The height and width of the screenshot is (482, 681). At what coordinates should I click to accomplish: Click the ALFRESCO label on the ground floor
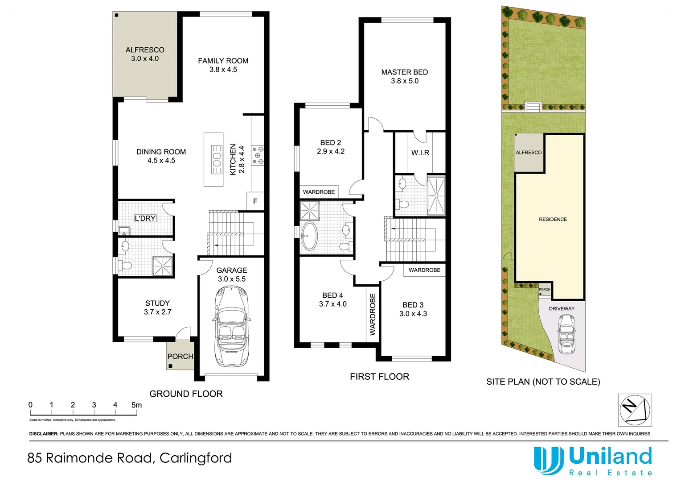point(145,50)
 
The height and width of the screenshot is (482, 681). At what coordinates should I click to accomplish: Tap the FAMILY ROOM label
point(223,61)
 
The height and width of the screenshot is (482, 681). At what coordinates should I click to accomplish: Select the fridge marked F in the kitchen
point(255,201)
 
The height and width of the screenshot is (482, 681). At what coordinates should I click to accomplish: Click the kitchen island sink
point(217,159)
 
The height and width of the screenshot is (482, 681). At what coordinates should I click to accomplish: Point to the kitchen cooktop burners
point(258,155)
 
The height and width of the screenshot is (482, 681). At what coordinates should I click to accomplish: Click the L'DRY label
point(145,218)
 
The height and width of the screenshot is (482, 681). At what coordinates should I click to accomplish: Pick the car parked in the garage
point(232,326)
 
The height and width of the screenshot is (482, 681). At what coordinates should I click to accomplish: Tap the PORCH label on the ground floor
point(180,356)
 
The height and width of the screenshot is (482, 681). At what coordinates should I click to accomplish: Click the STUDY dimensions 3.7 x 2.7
point(157,312)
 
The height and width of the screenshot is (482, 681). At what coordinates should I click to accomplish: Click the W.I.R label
point(420,153)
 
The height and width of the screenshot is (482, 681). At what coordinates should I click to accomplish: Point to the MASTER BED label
point(404,72)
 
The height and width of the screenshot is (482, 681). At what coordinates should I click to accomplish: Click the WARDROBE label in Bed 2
point(319,192)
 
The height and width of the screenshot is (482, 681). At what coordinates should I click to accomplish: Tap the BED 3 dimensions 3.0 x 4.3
point(413,314)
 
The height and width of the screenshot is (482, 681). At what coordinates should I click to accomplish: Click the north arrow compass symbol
point(635,410)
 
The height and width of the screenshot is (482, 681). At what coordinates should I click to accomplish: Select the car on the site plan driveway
point(566,334)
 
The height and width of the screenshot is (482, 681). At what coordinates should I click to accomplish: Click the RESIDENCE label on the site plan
point(553,219)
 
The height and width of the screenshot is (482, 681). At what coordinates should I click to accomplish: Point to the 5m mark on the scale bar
point(136,405)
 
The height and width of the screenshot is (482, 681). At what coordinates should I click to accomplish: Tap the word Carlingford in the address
point(196,458)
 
